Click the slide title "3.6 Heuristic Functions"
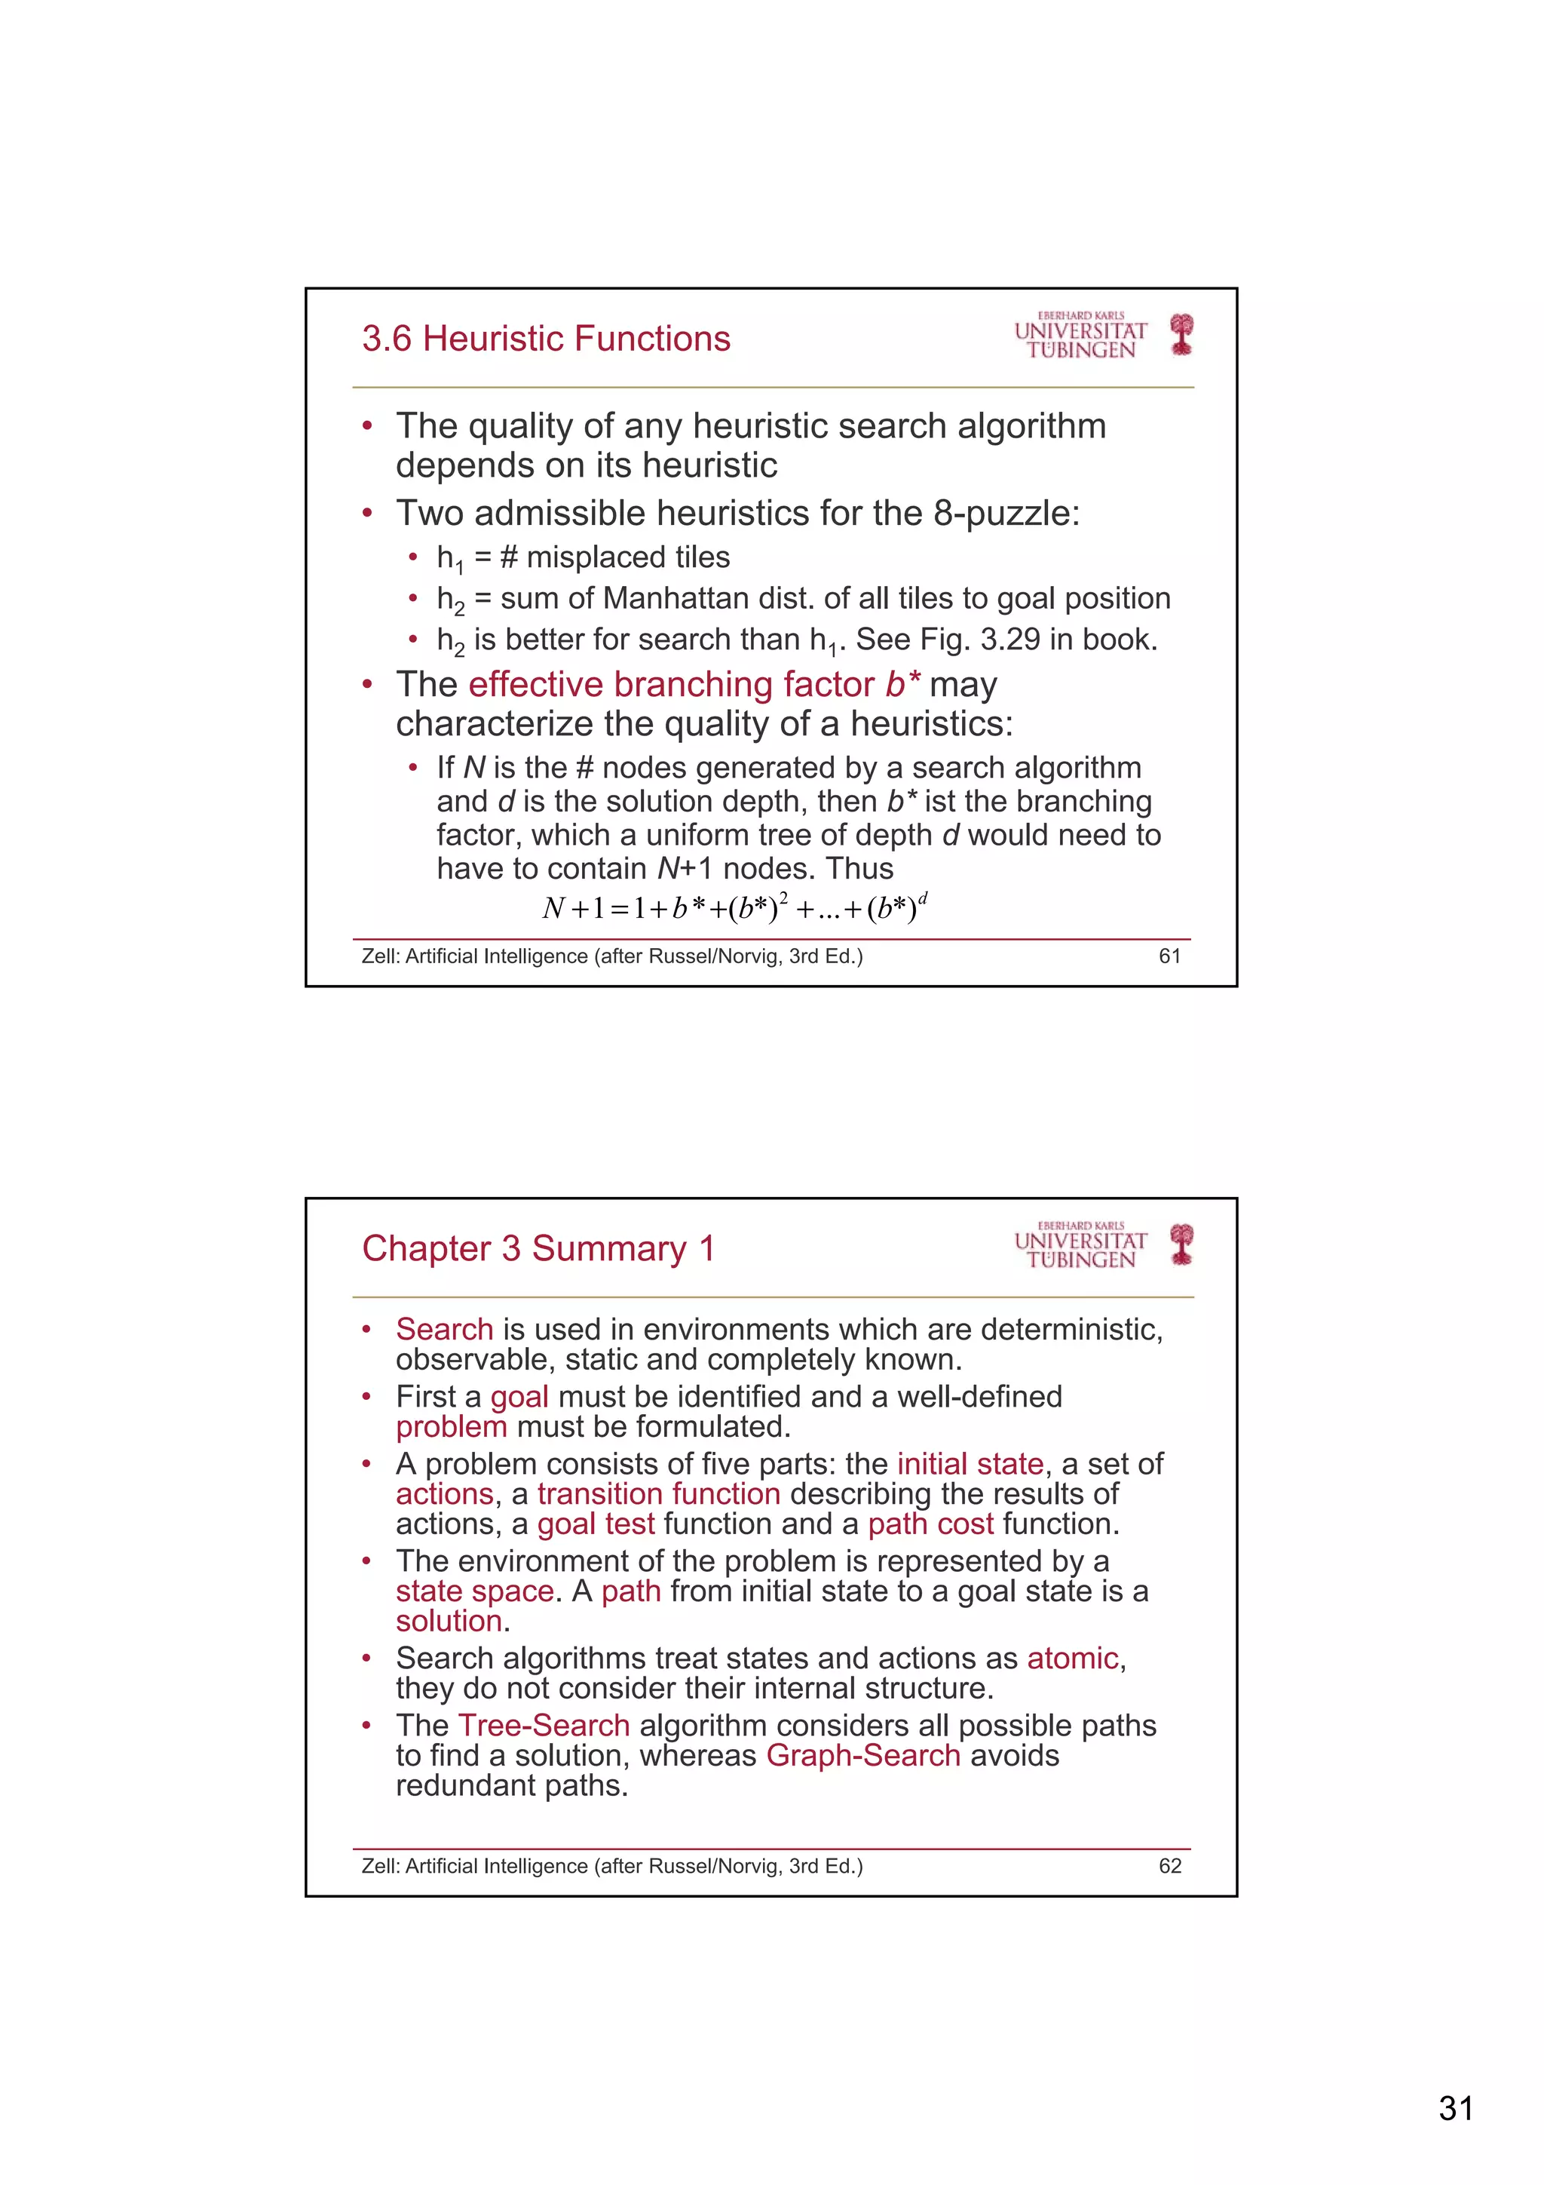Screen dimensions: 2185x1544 tap(545, 339)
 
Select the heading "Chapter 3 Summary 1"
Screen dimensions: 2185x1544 tap(538, 1248)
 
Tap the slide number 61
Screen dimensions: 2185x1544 tap(1169, 956)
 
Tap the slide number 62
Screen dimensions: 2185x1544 tap(1169, 1866)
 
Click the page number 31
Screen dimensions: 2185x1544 tap(1456, 2109)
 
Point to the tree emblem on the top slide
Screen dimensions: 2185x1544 tap(1181, 334)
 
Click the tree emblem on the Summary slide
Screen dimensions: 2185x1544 tap(1181, 1244)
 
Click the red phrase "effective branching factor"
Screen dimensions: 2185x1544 tap(672, 685)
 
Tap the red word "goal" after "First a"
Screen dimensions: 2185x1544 tap(519, 1397)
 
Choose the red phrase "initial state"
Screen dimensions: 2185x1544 tap(970, 1464)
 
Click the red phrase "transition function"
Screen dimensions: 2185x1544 tap(658, 1494)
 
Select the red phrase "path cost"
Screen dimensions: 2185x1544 tap(930, 1524)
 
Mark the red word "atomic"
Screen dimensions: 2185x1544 tap(1072, 1659)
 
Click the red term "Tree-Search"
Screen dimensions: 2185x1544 tap(544, 1726)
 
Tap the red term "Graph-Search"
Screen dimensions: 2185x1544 tap(863, 1756)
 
